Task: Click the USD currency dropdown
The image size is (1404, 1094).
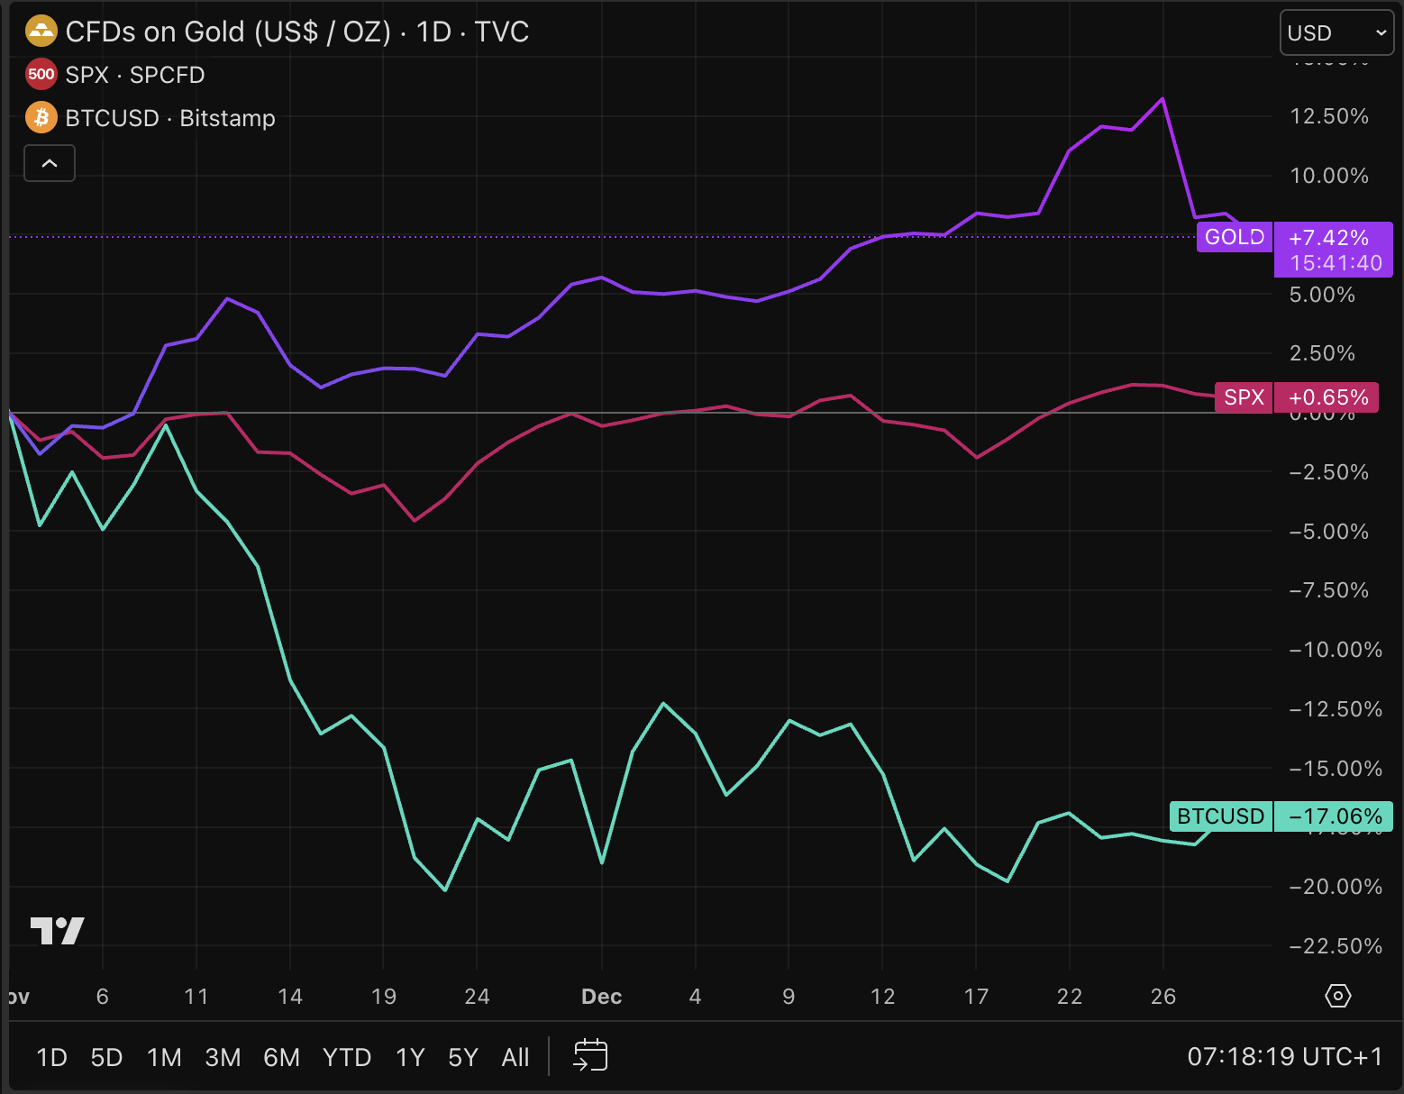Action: click(x=1336, y=33)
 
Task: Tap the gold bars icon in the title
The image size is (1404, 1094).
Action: click(x=41, y=32)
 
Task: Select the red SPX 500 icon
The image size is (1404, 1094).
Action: click(x=41, y=75)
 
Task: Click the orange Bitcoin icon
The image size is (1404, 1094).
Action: click(x=41, y=118)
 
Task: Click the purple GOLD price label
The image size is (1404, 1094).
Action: click(x=1234, y=237)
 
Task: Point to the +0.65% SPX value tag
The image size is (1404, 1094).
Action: click(x=1327, y=397)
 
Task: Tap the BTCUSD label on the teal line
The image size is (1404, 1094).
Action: click(x=1220, y=816)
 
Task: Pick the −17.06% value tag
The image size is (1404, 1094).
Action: click(x=1335, y=816)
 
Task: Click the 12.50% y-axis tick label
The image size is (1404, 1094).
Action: click(x=1329, y=116)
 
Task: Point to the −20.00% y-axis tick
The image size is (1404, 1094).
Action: click(x=1335, y=887)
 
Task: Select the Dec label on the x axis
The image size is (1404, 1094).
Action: click(x=601, y=997)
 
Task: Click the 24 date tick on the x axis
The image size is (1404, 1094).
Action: click(x=477, y=997)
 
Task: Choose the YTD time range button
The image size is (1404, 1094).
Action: click(x=347, y=1057)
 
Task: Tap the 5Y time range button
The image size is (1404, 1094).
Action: click(x=463, y=1057)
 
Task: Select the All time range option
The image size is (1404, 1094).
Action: click(x=515, y=1057)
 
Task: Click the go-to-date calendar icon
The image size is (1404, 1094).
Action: click(x=591, y=1055)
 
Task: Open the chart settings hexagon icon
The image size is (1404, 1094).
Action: click(x=1338, y=996)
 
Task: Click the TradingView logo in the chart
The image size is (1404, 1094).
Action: click(x=58, y=930)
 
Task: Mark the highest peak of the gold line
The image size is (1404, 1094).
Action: click(x=1162, y=99)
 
